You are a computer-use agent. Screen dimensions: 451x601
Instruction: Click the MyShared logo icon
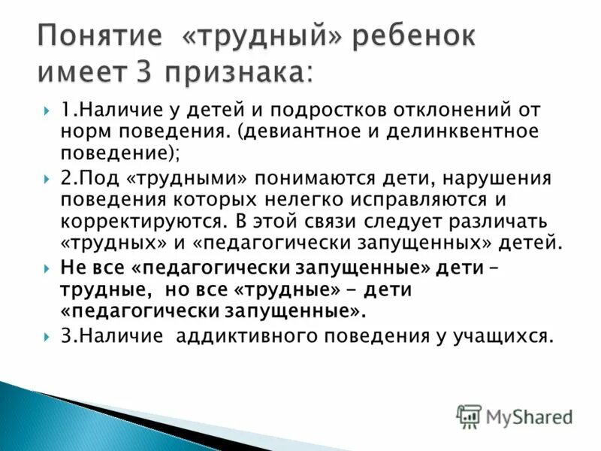pos(469,416)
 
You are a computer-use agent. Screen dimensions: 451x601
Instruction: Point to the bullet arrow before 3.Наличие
pos(47,335)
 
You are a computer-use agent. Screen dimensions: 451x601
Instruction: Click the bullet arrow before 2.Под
pos(47,179)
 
